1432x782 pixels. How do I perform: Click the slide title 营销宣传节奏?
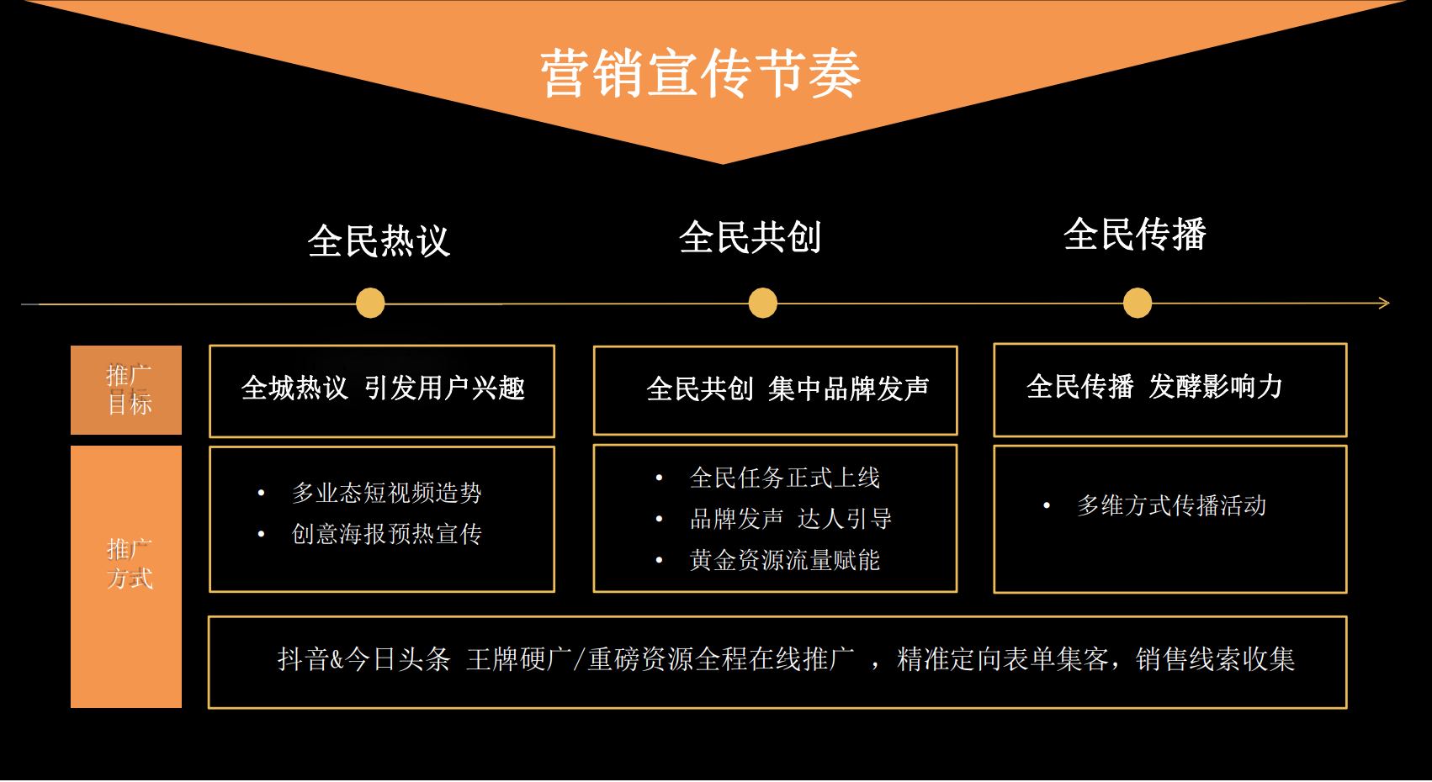click(x=701, y=74)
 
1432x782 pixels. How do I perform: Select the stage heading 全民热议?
click(x=379, y=240)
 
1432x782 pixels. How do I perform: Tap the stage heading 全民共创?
click(x=750, y=237)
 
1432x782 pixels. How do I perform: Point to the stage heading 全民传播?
click(x=1135, y=234)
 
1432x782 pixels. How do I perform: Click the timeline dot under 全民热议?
click(x=370, y=303)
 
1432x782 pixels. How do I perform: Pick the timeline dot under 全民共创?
click(x=762, y=303)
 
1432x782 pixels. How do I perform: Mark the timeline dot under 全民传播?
click(x=1138, y=303)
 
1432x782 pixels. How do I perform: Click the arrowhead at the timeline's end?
click(x=1385, y=303)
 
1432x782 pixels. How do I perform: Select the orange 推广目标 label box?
click(x=126, y=389)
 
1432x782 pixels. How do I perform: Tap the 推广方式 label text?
click(x=130, y=563)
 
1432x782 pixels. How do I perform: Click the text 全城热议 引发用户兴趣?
click(x=383, y=388)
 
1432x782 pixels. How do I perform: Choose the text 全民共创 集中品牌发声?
click(x=788, y=388)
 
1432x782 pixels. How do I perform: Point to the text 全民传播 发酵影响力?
click(x=1154, y=386)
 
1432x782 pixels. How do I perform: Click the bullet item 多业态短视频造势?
click(x=387, y=493)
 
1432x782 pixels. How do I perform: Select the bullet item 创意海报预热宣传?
click(x=387, y=533)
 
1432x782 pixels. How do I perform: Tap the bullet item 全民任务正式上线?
click(x=785, y=478)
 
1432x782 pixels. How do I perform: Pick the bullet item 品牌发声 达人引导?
click(x=791, y=519)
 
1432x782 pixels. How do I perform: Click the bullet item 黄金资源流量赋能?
click(x=785, y=560)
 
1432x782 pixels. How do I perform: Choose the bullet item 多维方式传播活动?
click(x=1172, y=505)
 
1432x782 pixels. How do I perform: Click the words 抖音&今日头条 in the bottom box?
click(x=363, y=658)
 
